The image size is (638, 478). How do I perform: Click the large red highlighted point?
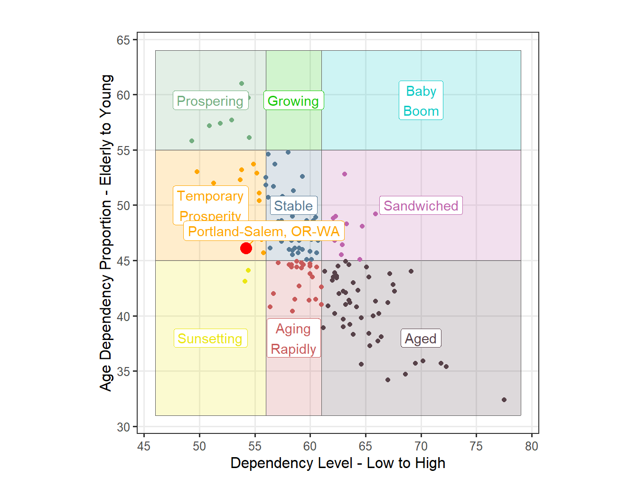[x=246, y=248]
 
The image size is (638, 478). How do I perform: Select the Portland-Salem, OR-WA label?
[x=264, y=231]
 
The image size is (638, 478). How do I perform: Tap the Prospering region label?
[x=210, y=101]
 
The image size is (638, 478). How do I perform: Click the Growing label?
[x=293, y=101]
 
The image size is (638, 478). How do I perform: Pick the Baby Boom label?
[x=421, y=101]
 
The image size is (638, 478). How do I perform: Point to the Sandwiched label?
[x=421, y=206]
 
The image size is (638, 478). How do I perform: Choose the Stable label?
[x=293, y=206]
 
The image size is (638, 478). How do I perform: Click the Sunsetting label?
[x=210, y=339]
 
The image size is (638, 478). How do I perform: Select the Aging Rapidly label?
[x=293, y=339]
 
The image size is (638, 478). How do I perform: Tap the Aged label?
[x=421, y=339]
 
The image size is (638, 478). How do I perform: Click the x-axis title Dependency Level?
[x=338, y=463]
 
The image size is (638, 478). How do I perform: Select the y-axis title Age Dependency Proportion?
[x=106, y=232]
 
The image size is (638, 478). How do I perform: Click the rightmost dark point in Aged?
[x=504, y=400]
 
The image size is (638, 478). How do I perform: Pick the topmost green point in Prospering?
[x=242, y=83]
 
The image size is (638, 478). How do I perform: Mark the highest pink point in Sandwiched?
[x=345, y=174]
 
